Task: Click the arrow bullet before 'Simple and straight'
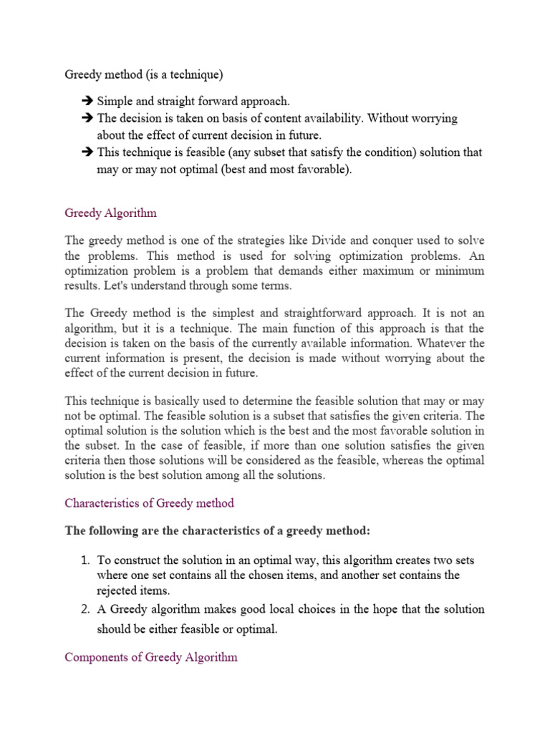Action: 88,101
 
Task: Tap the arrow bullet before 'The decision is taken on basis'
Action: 88,118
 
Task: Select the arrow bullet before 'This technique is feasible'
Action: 88,152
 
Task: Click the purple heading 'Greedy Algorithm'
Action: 110,213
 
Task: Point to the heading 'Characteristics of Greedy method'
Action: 149,503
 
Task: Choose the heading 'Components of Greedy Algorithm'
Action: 150,656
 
